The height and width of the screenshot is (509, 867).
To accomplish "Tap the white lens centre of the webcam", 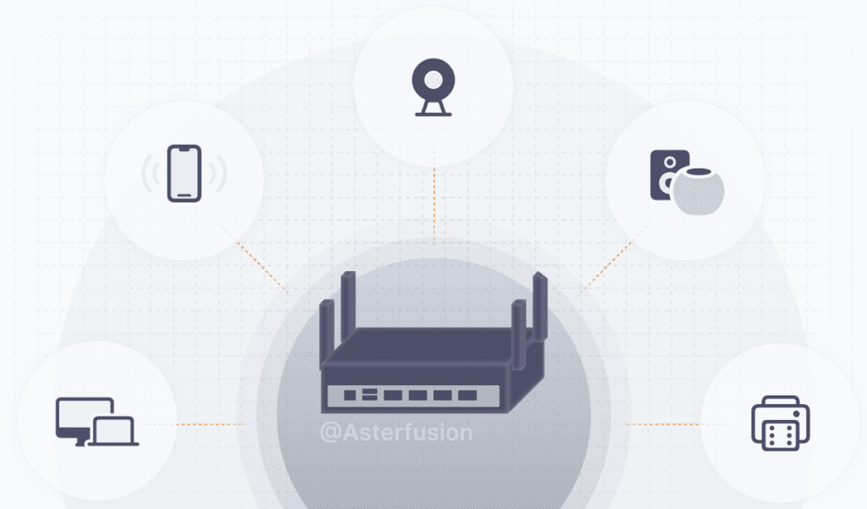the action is coord(433,80).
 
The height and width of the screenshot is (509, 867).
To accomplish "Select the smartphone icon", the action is coord(185,174).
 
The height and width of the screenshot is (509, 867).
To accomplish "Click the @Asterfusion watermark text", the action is coord(396,432).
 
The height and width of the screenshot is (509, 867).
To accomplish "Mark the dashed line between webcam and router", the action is coord(433,203).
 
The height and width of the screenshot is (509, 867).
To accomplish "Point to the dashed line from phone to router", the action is coord(258,263).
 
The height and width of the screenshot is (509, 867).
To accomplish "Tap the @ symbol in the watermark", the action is coord(330,432).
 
